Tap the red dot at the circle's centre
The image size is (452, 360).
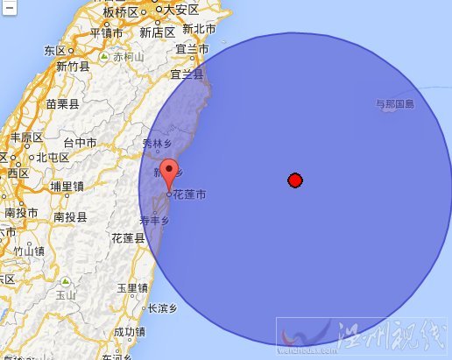[x=295, y=180]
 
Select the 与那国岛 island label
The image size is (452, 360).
[x=394, y=104]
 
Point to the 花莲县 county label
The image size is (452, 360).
[x=128, y=237]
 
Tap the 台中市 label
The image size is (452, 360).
[x=81, y=142]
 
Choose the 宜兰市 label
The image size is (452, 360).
[x=192, y=51]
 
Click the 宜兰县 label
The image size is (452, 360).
[x=187, y=74]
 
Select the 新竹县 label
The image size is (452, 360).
[x=74, y=66]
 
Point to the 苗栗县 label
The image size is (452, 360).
[x=62, y=103]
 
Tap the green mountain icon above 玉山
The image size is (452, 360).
[x=65, y=283]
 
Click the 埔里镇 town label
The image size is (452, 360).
[x=66, y=186]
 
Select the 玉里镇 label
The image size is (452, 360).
[x=131, y=287]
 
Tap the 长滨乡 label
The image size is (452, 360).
[x=162, y=308]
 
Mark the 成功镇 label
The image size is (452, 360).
[x=129, y=332]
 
